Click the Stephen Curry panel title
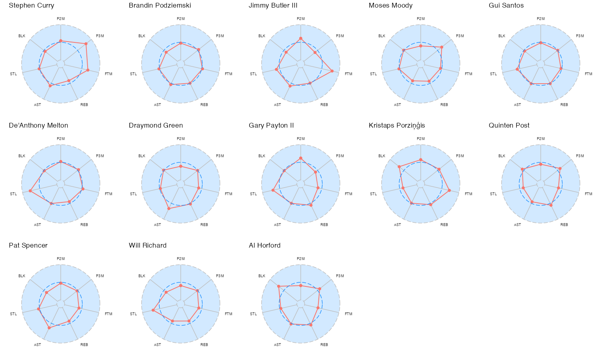32,6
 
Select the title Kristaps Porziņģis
397,126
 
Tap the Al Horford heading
264,246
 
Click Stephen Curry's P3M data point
86,44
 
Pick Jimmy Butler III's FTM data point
332,71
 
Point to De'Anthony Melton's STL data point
30,191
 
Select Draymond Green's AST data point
169,208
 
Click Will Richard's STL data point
153,310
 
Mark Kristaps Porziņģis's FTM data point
450,190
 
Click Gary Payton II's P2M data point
301,158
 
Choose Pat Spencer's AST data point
49,328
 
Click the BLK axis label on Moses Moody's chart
382,36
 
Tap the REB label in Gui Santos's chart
564,105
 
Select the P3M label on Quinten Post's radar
580,156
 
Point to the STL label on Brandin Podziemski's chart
133,74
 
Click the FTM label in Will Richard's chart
228,314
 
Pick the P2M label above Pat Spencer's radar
61,259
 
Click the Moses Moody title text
390,6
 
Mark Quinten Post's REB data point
551,205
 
